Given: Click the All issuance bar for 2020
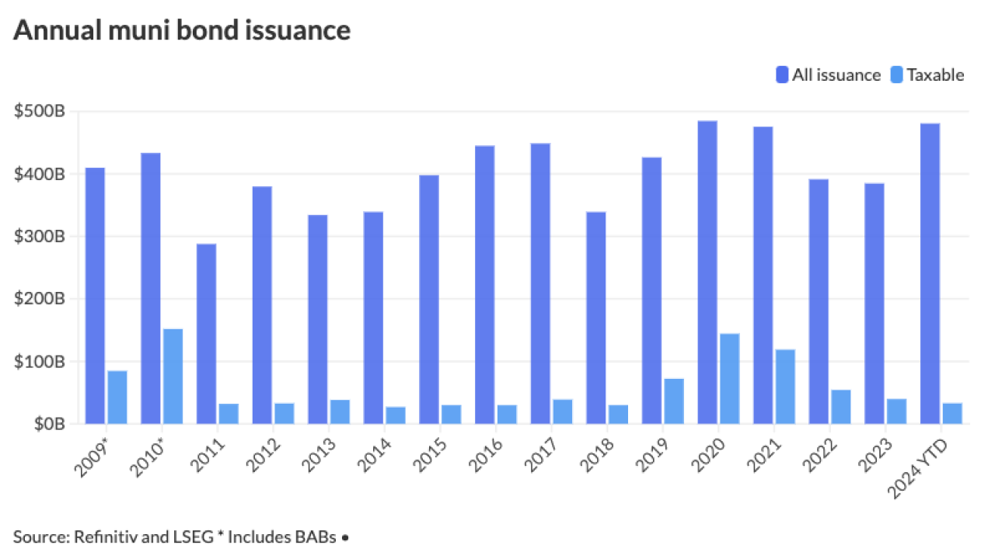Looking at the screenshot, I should coord(707,273).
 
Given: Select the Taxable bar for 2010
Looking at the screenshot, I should coord(173,377).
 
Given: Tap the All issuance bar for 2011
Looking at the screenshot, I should coord(206,334).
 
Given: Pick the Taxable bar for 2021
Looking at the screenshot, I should coord(785,387).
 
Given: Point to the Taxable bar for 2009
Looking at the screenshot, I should coord(117,398).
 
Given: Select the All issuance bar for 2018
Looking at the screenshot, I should coord(596,318).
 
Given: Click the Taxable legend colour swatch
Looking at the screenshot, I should coord(897,75).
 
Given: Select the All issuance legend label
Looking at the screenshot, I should coord(836,75).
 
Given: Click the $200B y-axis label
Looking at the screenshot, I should coord(39,299).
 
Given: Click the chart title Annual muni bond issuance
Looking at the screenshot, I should coord(182,30).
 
